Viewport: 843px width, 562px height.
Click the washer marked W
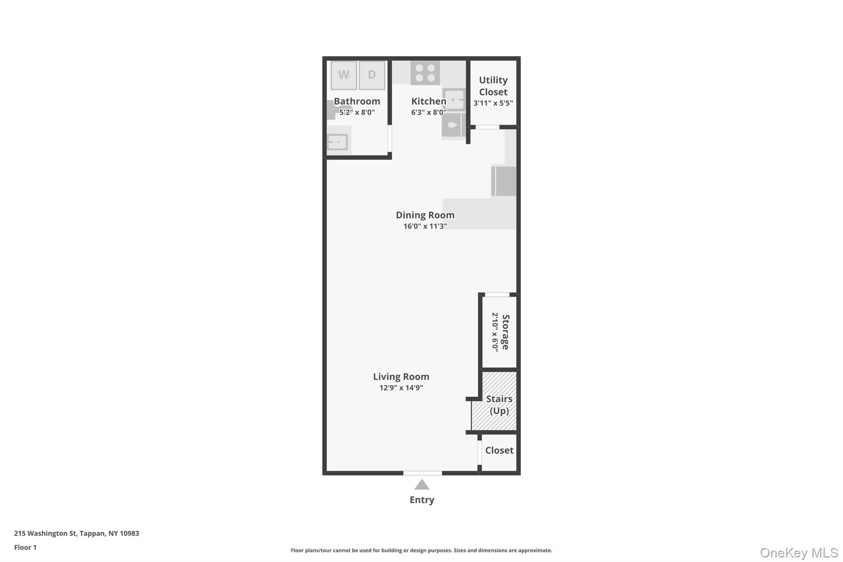[x=344, y=75]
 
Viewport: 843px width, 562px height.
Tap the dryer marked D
[x=372, y=75]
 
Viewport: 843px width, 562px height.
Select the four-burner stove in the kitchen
[x=425, y=73]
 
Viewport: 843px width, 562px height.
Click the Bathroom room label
[x=357, y=101]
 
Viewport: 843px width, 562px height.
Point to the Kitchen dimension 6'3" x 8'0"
[x=428, y=112]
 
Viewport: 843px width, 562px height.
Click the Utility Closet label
[x=493, y=86]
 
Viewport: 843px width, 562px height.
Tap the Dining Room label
[x=425, y=215]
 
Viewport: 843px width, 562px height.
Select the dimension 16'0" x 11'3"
[x=425, y=226]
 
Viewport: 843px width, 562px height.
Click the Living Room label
[x=401, y=377]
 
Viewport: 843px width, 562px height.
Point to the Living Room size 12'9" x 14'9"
[x=401, y=388]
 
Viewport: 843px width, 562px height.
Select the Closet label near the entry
[x=499, y=450]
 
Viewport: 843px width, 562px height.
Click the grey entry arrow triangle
[x=422, y=485]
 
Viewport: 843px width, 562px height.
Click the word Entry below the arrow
[x=422, y=500]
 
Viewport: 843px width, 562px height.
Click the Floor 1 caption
[x=26, y=547]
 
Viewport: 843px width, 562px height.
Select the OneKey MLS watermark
[x=799, y=553]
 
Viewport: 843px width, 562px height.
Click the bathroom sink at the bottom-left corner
[x=338, y=142]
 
